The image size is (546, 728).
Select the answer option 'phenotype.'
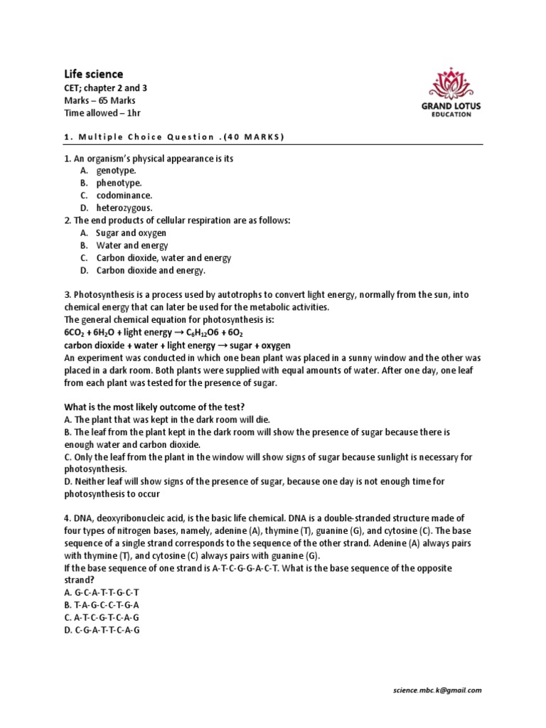click(119, 183)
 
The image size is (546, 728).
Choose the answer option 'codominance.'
click(124, 195)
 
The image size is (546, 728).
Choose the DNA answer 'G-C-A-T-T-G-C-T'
click(102, 592)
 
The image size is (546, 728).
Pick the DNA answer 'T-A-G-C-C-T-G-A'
click(102, 604)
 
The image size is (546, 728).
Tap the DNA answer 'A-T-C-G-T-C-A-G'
click(102, 617)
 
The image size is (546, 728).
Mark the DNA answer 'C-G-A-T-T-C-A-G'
click(102, 630)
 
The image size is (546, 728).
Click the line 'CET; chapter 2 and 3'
click(106, 88)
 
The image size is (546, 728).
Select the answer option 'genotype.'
click(117, 171)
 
